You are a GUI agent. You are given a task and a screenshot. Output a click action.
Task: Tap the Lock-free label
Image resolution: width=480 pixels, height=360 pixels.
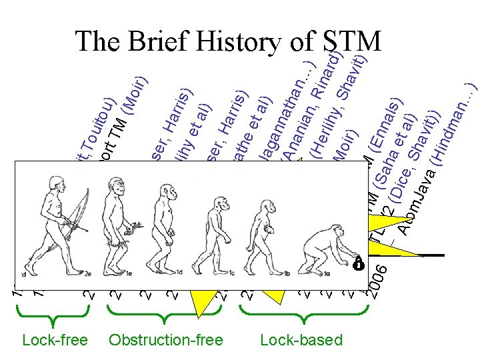click(x=55, y=340)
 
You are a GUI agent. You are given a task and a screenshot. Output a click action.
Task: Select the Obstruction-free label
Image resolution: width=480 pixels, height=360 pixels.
click(x=165, y=340)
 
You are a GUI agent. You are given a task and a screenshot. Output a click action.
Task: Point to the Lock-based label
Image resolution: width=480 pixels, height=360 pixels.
click(x=301, y=340)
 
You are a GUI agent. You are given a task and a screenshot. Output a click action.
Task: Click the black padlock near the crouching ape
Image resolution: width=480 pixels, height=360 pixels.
click(x=358, y=261)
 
